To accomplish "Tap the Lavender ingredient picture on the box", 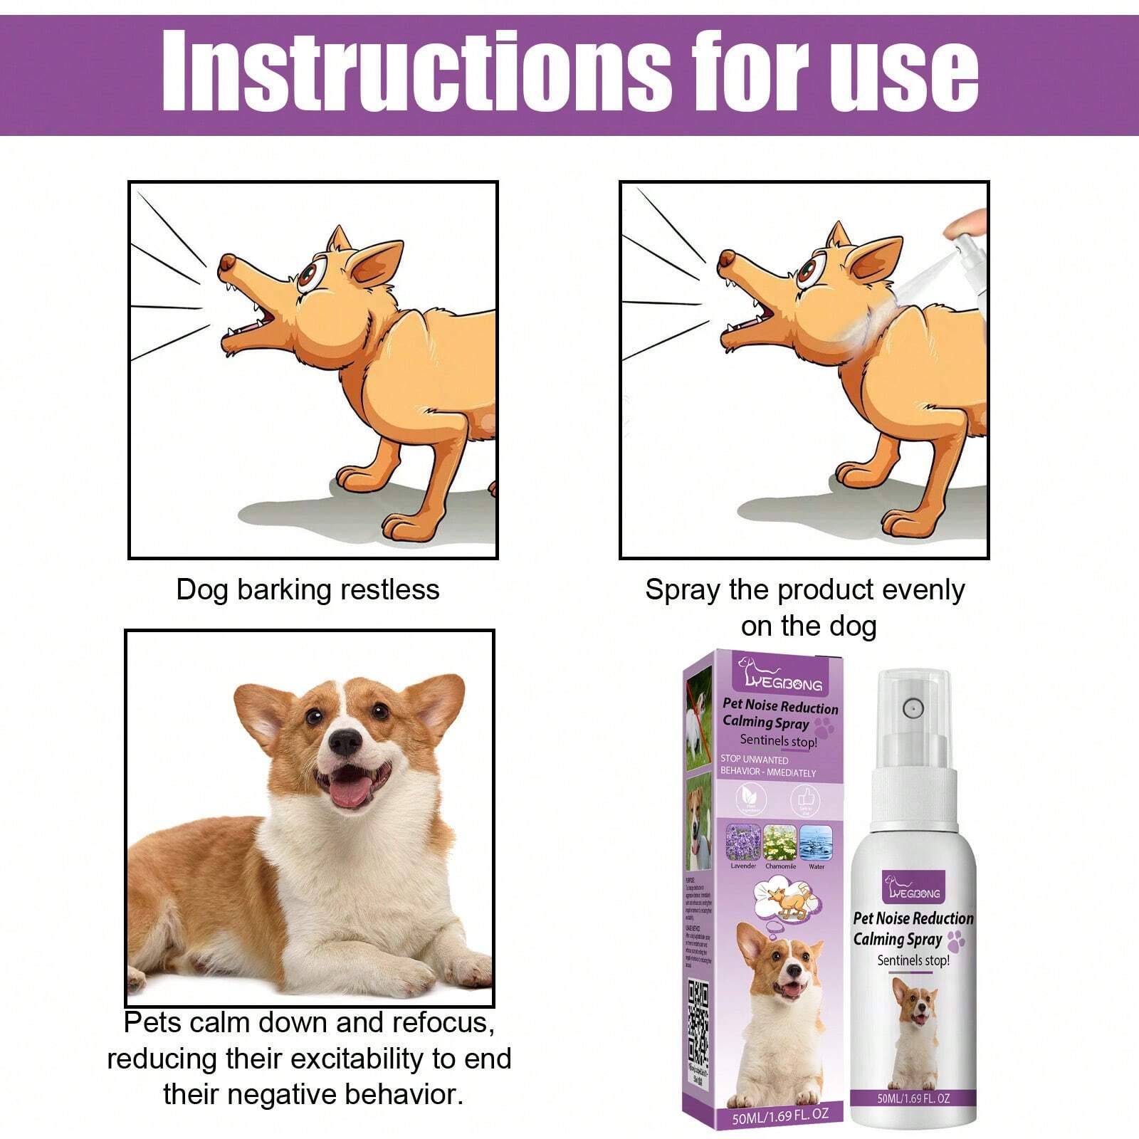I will click(x=742, y=843).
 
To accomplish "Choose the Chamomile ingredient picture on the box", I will click(x=780, y=843).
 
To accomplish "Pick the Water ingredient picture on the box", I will click(x=816, y=843).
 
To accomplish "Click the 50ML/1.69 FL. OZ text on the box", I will click(x=780, y=1116).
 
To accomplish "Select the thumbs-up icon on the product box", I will click(x=805, y=799).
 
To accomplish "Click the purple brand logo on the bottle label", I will click(x=913, y=887).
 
